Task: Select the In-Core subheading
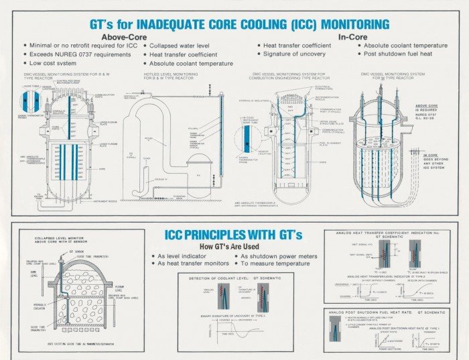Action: (354, 37)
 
